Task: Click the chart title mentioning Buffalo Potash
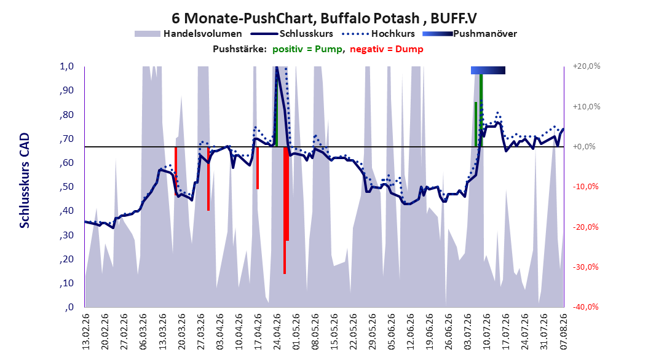pyautogui.click(x=324, y=18)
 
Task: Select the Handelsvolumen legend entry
pyautogui.click(x=188, y=34)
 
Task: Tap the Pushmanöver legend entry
pyautogui.click(x=470, y=34)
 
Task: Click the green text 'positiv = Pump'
pyautogui.click(x=307, y=49)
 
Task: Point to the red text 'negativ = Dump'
pyautogui.click(x=387, y=49)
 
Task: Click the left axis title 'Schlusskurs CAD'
pyautogui.click(x=25, y=181)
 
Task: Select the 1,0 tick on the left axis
pyautogui.click(x=66, y=66)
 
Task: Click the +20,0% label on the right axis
pyautogui.click(x=587, y=66)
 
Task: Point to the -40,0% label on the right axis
pyautogui.click(x=585, y=307)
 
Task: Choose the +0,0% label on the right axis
pyautogui.click(x=584, y=147)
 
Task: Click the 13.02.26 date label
pyautogui.click(x=86, y=332)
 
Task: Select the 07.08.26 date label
pyautogui.click(x=564, y=332)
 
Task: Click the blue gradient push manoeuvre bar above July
pyautogui.click(x=488, y=71)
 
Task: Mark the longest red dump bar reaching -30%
pyautogui.click(x=285, y=210)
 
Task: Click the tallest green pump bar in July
pyautogui.click(x=481, y=111)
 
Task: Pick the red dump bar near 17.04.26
pyautogui.click(x=258, y=168)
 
